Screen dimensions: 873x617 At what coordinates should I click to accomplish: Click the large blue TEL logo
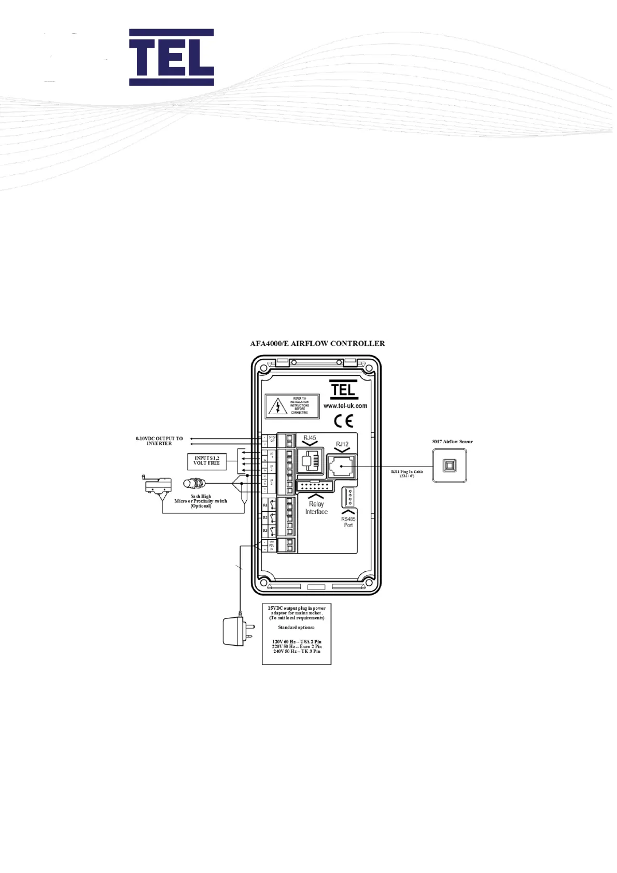(171, 57)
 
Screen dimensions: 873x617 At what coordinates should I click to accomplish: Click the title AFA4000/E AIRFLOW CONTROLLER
(317, 343)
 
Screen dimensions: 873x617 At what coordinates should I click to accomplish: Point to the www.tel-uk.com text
(345, 406)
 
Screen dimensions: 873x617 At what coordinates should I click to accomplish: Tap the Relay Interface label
(316, 508)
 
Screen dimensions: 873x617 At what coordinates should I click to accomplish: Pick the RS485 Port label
(348, 522)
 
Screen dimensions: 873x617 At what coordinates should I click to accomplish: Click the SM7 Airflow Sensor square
(450, 466)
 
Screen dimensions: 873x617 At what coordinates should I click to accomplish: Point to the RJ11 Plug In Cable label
(408, 474)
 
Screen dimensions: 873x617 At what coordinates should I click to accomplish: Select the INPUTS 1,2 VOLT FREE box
(207, 460)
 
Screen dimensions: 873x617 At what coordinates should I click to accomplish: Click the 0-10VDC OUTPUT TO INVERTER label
(159, 441)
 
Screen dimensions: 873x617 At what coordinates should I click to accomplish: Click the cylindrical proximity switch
(194, 484)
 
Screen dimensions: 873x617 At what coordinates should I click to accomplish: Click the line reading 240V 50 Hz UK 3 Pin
(297, 651)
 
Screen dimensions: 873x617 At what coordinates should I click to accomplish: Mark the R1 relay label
(265, 504)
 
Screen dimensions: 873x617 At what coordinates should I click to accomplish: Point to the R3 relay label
(265, 530)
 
